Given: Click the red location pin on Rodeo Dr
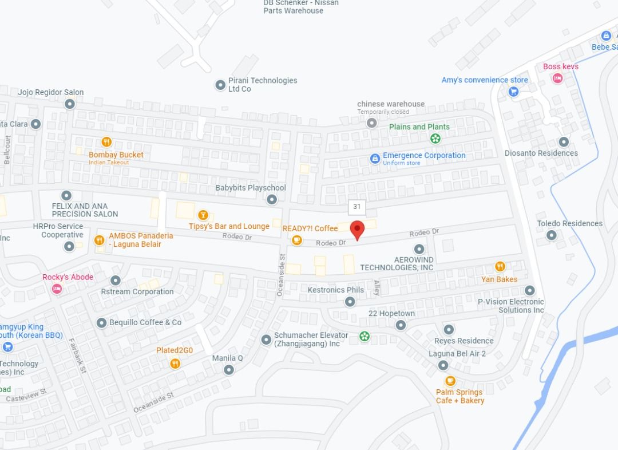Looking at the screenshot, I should pos(358,230).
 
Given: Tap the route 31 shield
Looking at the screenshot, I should pos(357,207).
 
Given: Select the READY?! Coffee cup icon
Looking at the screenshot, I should pos(297,240).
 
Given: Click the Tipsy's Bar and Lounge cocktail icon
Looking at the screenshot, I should pos(202,215).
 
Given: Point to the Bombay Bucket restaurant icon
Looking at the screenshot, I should pos(106,142).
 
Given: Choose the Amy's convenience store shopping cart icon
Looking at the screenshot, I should pos(513,91).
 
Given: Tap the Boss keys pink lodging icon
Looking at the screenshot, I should pos(557,78).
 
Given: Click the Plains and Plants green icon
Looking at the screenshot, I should pos(435,138).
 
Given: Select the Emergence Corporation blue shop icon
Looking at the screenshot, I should pos(375,159).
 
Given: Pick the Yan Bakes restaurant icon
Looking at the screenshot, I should pos(500,267).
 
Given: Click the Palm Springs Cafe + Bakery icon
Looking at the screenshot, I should pos(450,381).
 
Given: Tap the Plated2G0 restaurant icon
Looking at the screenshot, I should pos(175,363).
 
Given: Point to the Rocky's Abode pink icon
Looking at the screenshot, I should pos(57,289).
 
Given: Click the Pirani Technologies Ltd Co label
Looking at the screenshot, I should pos(263,84).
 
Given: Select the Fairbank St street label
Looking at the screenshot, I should pos(77,357).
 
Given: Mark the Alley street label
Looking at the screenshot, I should pos(377,287).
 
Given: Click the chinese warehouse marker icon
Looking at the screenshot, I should pos(372,123).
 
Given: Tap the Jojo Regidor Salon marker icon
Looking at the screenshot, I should pos(70,104).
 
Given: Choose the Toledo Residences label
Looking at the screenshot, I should pos(569,223).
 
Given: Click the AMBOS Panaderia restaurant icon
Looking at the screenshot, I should pos(99,240).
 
